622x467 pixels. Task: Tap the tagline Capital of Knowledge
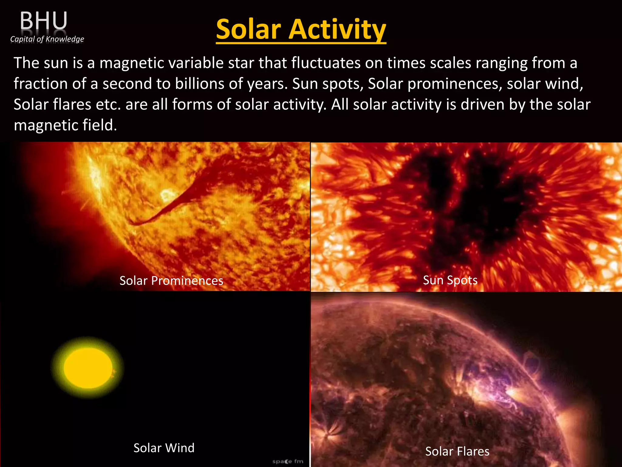pos(47,39)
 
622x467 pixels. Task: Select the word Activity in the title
pos(337,29)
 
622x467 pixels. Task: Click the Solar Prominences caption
pos(171,281)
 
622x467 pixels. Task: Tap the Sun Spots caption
pos(450,280)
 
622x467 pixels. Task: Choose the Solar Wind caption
pos(164,448)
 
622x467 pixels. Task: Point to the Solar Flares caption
pos(457,451)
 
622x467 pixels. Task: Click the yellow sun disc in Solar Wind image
pos(88,368)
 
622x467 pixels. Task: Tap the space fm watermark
pos(288,461)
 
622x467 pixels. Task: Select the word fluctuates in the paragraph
pos(326,63)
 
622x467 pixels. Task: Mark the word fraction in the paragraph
pos(41,84)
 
